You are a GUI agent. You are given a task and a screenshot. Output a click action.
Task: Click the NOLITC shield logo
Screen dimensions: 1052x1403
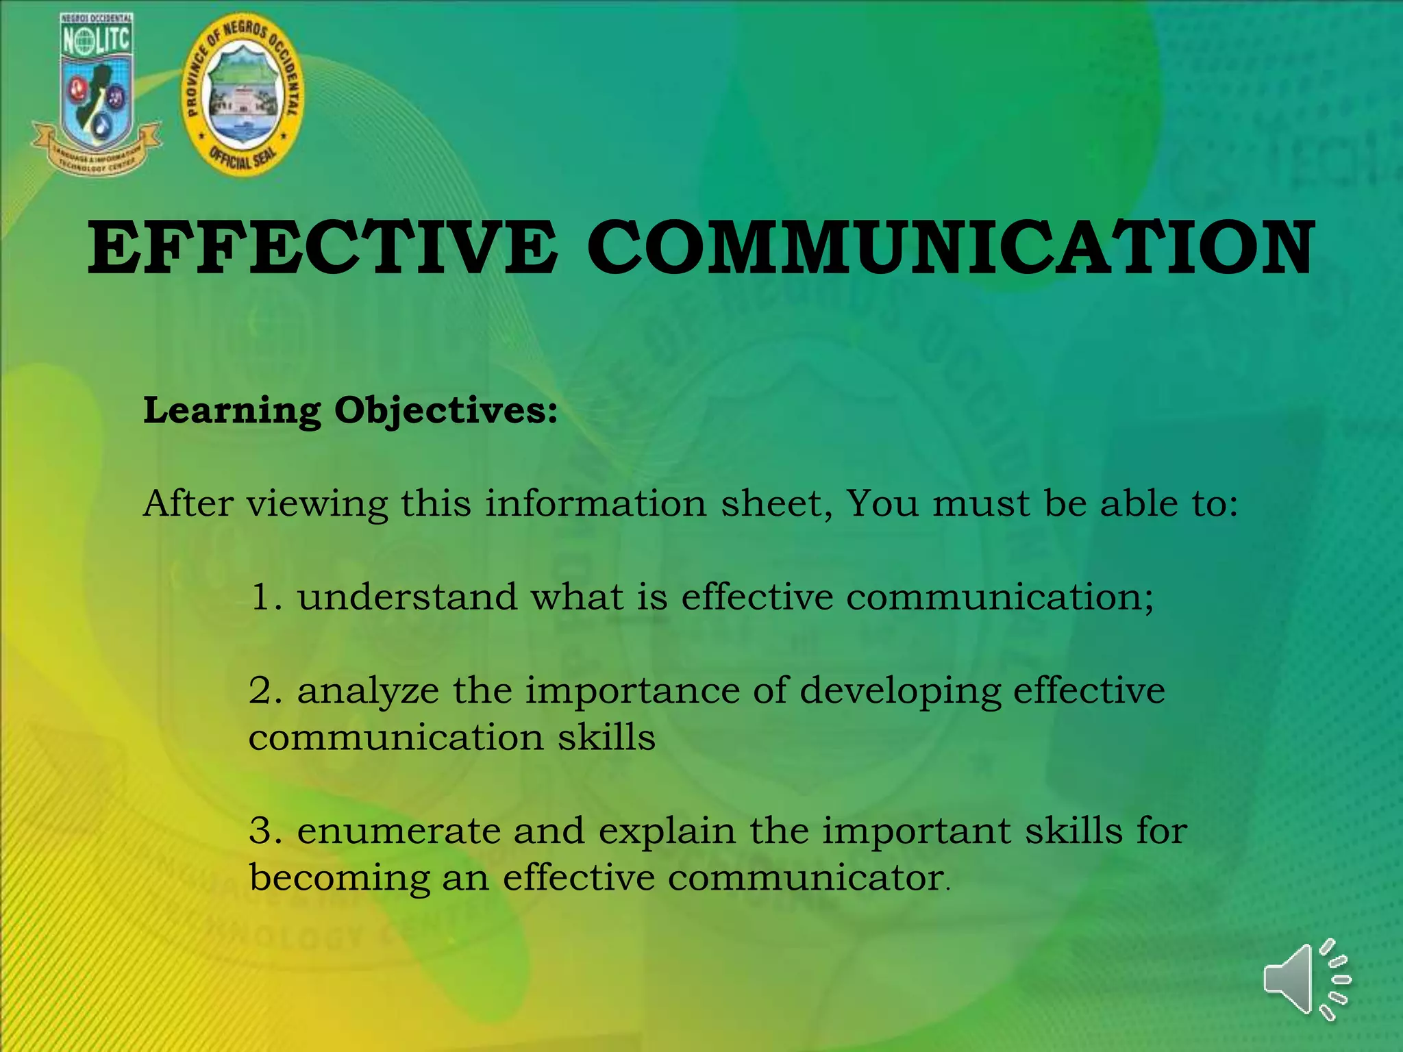click(96, 92)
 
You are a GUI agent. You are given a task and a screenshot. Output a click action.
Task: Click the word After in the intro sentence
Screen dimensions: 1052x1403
click(188, 504)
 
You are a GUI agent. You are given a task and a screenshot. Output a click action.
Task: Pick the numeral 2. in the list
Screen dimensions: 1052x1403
click(266, 690)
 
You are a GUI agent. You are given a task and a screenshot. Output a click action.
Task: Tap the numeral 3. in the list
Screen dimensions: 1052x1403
click(266, 831)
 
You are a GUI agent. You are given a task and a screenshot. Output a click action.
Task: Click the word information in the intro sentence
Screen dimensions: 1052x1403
click(596, 504)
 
